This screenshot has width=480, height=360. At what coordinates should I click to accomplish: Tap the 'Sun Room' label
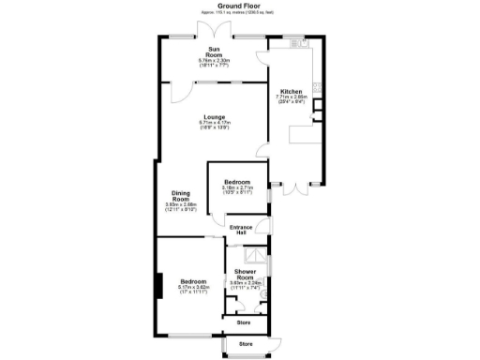tap(214, 52)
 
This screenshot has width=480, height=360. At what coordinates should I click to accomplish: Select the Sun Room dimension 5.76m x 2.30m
tap(214, 61)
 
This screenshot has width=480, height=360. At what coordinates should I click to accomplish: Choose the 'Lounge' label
tap(214, 117)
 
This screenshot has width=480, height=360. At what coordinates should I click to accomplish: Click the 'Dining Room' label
tap(180, 196)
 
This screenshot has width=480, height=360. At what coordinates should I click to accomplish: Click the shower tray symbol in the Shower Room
tap(252, 255)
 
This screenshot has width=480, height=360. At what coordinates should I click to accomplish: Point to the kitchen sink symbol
tap(297, 43)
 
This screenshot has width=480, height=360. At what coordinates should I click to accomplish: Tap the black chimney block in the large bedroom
tap(160, 284)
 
